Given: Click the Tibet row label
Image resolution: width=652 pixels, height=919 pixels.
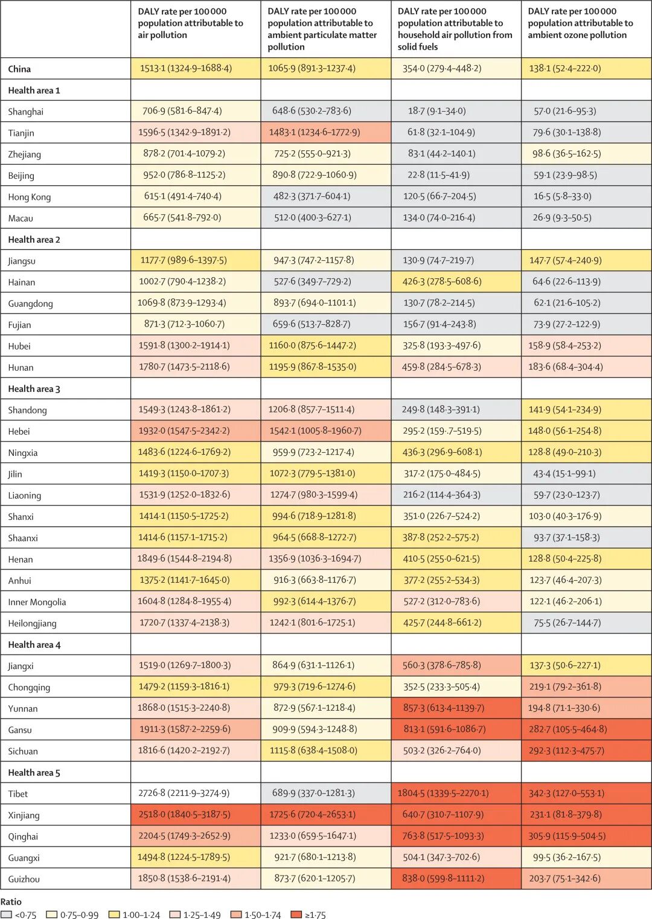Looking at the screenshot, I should tap(18, 793).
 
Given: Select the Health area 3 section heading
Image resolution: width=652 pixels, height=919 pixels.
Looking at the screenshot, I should tap(34, 389).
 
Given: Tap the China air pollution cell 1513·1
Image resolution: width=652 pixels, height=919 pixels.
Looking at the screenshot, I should tap(186, 68).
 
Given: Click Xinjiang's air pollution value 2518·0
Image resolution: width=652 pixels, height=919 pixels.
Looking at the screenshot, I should tap(184, 815).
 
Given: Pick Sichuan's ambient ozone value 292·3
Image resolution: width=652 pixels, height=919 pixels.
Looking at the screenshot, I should tap(566, 751).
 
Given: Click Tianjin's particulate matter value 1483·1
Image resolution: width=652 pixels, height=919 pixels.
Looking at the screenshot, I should tap(315, 132).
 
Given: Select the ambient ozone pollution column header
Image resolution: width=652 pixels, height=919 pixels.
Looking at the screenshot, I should tap(580, 23).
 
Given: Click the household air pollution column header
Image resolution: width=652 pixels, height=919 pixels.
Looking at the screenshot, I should tap(455, 28).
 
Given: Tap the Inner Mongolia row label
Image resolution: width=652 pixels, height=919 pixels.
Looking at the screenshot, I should tap(37, 602).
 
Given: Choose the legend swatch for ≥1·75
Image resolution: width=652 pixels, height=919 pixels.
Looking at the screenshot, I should tap(296, 914).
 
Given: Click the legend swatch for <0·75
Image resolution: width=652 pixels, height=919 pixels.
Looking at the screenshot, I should tap(6, 914).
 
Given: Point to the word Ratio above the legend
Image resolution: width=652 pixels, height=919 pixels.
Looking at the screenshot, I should tap(11, 901).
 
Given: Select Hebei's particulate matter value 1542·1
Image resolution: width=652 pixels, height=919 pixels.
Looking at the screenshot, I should tap(315, 431).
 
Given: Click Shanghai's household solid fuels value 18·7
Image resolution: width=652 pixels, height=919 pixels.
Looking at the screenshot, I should tap(438, 111).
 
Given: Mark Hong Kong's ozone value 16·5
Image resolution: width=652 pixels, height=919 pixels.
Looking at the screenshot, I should tap(562, 196).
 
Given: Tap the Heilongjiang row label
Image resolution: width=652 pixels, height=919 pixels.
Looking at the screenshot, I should tap(32, 623).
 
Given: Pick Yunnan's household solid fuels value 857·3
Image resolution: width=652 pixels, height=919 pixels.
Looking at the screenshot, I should tap(444, 708).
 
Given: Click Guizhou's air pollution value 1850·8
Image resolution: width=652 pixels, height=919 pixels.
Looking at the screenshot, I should tap(184, 879).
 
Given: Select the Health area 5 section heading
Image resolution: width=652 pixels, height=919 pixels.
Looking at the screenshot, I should tap(34, 772).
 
